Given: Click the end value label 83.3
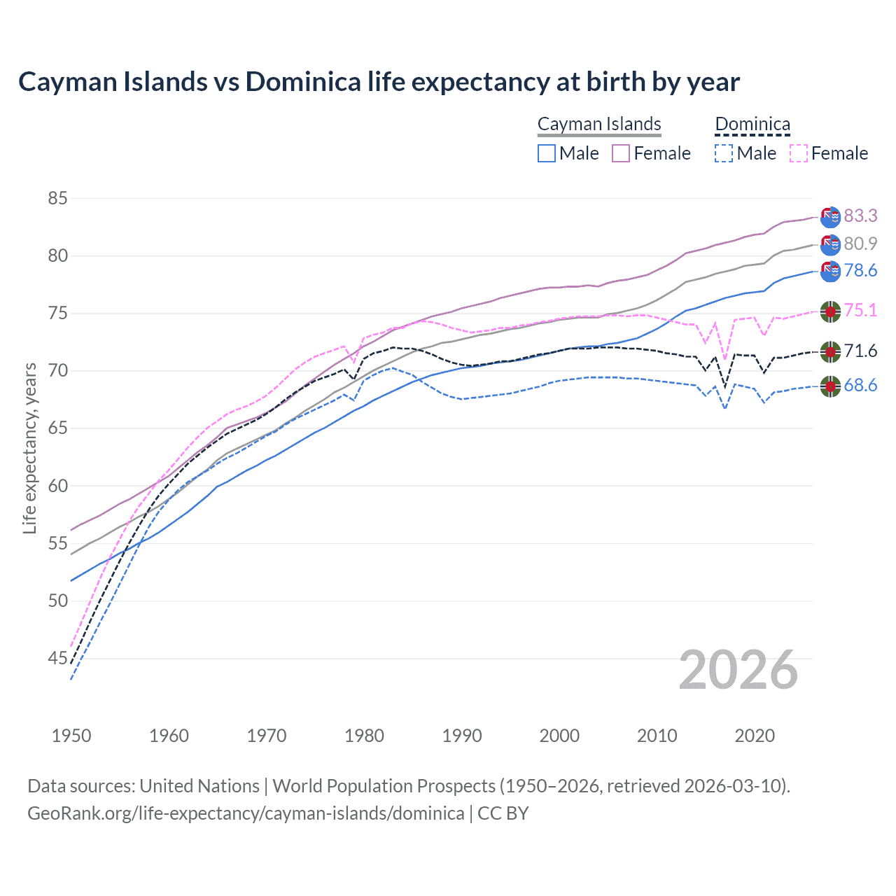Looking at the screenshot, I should tap(860, 216).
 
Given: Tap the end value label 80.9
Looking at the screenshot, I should tap(860, 244).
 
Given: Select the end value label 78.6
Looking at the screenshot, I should tap(860, 271).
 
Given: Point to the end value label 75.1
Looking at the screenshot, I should tap(860, 310).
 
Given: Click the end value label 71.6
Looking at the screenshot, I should tap(860, 351).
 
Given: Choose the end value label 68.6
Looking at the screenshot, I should tap(860, 385).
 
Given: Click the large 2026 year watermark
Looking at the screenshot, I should tap(738, 670).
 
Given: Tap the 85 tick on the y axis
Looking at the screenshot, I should tap(57, 198).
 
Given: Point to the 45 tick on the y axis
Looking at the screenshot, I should tap(57, 658).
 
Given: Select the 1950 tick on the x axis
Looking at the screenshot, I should tap(71, 736).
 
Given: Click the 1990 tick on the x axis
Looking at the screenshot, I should tap(462, 736).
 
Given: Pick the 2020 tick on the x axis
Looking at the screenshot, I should tap(755, 736).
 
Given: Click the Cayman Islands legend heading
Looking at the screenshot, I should tap(599, 124).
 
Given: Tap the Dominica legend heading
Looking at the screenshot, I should tap(752, 124).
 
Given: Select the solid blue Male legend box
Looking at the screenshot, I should tap(547, 153).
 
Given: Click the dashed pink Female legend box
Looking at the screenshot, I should tap(799, 153).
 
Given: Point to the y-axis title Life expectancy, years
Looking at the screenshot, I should tap(29, 448).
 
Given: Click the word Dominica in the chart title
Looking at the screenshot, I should tap(304, 82).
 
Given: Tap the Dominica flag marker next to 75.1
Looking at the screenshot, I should tap(830, 311).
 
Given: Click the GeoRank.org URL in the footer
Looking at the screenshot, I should tap(246, 813).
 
